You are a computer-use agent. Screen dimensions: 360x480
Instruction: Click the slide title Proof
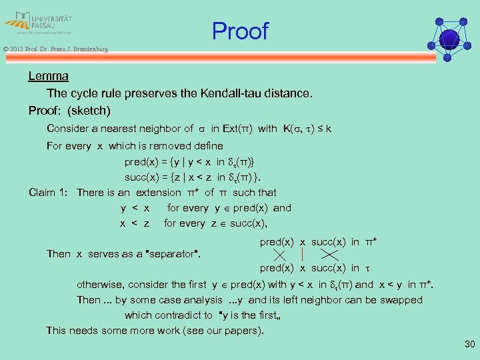[x=240, y=31]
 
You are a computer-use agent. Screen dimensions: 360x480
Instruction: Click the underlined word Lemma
[x=48, y=77]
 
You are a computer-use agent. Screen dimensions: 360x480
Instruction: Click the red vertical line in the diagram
[x=302, y=254]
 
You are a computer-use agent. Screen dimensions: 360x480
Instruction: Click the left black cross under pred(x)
[x=281, y=254]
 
